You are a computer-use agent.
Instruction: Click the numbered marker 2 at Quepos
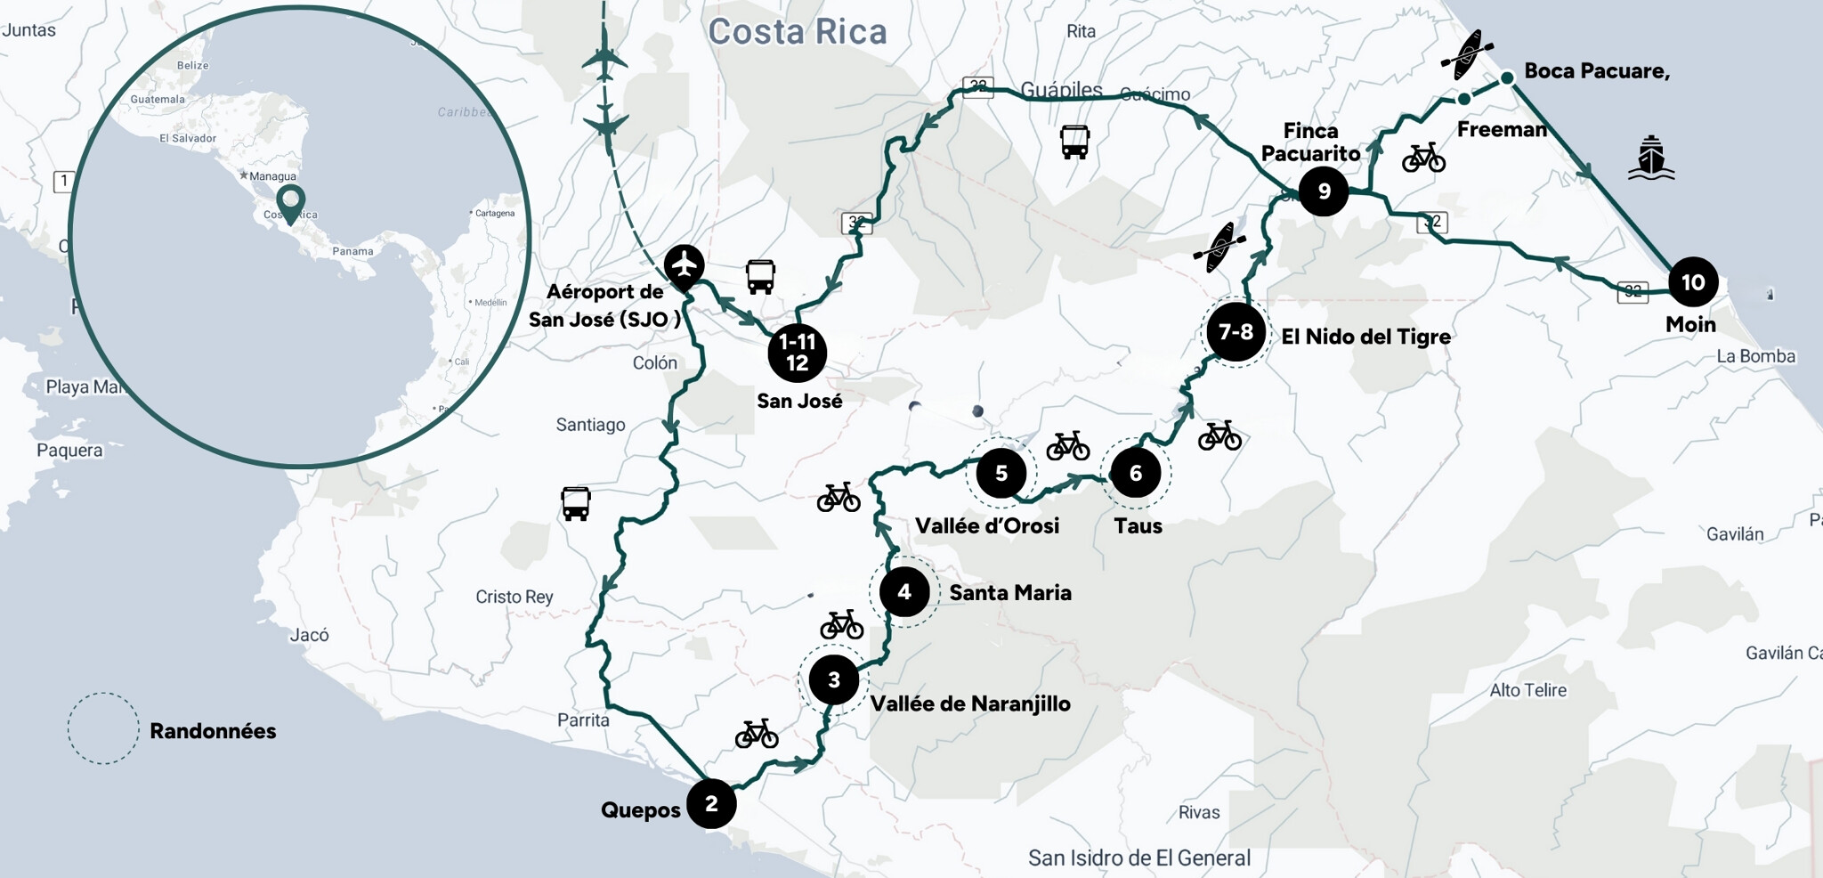pyautogui.click(x=711, y=803)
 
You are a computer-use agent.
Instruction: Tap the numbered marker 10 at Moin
pyautogui.click(x=1692, y=282)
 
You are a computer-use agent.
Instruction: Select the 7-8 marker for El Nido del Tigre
pyautogui.click(x=1236, y=332)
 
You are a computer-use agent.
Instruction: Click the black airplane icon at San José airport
pyautogui.click(x=684, y=264)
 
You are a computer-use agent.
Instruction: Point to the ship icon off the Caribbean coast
pyautogui.click(x=1651, y=158)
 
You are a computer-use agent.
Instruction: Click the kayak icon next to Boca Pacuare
pyautogui.click(x=1467, y=54)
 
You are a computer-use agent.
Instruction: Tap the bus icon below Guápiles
pyautogui.click(x=1074, y=142)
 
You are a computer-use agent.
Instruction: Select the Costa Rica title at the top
pyautogui.click(x=798, y=32)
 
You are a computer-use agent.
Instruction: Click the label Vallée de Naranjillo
pyautogui.click(x=970, y=703)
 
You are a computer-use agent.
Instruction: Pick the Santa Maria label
pyautogui.click(x=1009, y=592)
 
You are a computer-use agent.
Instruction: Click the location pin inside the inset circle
pyautogui.click(x=290, y=202)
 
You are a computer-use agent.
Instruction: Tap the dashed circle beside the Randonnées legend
pyautogui.click(x=103, y=728)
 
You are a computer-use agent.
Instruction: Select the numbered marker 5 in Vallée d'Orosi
pyautogui.click(x=1001, y=473)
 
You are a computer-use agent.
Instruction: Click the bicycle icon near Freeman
pyautogui.click(x=1423, y=158)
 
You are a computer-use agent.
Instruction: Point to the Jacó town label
pyautogui.click(x=309, y=635)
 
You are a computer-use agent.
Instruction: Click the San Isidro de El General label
pyautogui.click(x=1138, y=858)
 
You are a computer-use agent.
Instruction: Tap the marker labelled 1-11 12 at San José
pyautogui.click(x=797, y=353)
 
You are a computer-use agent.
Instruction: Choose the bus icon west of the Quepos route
pyautogui.click(x=575, y=503)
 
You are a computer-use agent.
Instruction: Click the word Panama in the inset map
pyautogui.click(x=352, y=251)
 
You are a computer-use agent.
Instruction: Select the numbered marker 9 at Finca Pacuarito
pyautogui.click(x=1324, y=191)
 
